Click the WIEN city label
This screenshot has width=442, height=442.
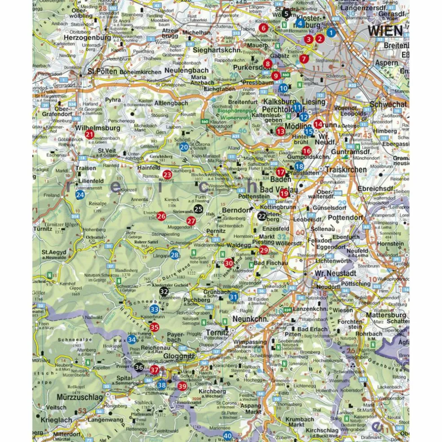click(385, 31)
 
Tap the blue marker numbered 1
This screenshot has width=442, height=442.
click(331, 32)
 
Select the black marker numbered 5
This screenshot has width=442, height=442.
click(286, 13)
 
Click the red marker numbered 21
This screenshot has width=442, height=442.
click(89, 134)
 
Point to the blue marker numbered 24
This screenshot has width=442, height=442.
click(80, 194)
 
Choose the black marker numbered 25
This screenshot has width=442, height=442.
click(199, 208)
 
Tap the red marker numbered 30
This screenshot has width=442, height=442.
click(229, 263)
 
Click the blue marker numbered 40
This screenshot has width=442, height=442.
click(228, 435)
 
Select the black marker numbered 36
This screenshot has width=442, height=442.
click(139, 367)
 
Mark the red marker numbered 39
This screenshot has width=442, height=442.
click(182, 386)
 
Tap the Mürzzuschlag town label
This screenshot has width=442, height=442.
click(80, 398)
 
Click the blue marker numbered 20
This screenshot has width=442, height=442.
click(184, 146)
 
